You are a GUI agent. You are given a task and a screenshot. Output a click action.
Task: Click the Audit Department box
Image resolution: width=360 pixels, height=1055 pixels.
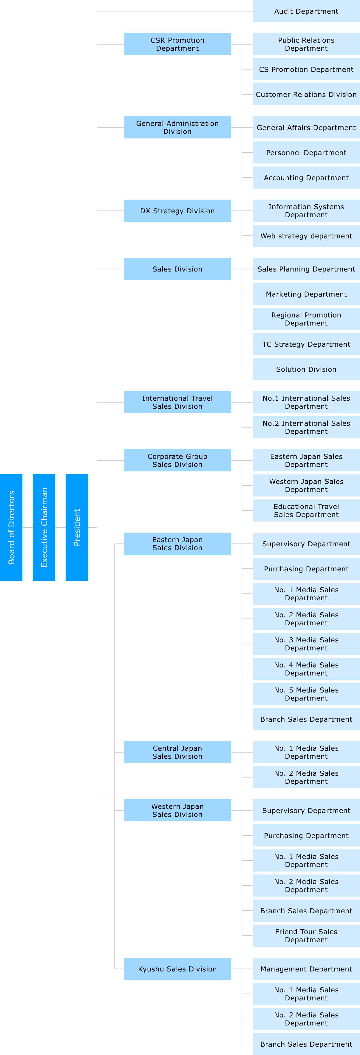[x=306, y=11]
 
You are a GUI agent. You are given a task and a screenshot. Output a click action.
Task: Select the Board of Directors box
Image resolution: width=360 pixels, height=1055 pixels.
[x=11, y=527]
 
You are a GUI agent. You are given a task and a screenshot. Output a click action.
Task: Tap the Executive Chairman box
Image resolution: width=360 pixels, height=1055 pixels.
[x=44, y=527]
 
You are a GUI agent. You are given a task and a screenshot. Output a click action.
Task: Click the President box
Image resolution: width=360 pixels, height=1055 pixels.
[x=77, y=527]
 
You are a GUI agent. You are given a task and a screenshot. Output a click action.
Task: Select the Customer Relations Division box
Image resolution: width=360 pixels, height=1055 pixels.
[x=306, y=95]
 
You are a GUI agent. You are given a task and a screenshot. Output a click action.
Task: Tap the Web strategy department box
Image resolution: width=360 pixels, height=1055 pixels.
[x=306, y=236]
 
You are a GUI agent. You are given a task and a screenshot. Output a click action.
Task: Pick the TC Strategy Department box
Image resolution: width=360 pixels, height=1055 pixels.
[x=306, y=344]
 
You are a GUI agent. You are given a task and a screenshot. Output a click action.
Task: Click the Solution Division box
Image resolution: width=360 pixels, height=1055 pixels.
[x=306, y=369]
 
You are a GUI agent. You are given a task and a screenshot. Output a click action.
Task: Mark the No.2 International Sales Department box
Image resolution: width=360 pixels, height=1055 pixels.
[x=306, y=427]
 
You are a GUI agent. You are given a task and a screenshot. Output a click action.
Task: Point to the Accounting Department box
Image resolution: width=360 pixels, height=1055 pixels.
[x=306, y=178]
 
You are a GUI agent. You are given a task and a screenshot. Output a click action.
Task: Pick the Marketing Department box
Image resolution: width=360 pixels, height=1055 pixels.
[x=306, y=294]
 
